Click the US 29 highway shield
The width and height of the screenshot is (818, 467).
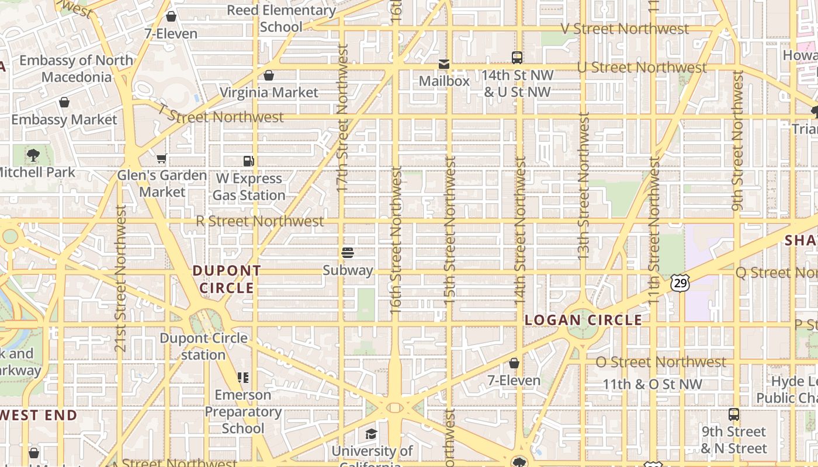(681, 283)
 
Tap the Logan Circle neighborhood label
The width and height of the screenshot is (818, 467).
(583, 320)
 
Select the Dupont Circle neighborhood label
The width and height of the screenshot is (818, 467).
(227, 279)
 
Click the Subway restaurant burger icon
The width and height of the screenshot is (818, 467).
(348, 253)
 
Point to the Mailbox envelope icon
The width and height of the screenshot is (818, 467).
(444, 64)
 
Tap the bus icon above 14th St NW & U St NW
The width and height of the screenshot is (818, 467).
(517, 57)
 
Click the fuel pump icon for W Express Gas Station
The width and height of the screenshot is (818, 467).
(249, 161)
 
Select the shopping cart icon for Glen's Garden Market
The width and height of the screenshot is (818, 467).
(162, 158)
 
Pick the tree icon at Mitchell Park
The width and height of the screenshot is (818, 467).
(33, 155)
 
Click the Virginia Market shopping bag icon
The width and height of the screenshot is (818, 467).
(269, 75)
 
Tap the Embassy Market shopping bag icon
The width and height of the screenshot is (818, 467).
(64, 103)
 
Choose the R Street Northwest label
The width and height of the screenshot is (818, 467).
(259, 221)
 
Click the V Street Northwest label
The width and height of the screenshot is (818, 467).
(625, 29)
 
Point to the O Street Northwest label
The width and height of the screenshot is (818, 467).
(660, 362)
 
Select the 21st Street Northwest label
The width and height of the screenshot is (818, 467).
(121, 278)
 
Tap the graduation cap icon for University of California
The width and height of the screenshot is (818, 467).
(371, 434)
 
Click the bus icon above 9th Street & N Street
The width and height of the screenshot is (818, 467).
(734, 414)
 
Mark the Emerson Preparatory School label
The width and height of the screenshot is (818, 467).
(243, 412)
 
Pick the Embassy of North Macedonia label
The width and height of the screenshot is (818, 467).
(76, 68)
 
